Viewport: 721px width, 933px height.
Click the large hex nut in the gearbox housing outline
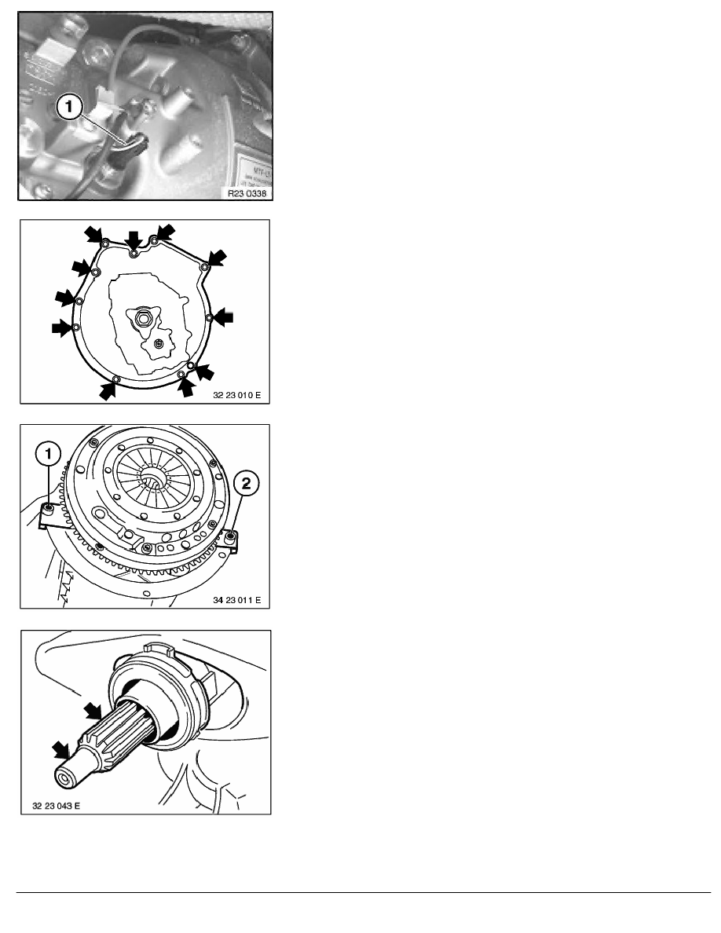[145, 318]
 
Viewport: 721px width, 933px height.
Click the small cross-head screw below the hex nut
[159, 342]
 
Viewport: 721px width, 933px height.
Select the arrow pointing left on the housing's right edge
[224, 316]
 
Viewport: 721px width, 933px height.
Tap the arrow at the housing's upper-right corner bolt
[216, 258]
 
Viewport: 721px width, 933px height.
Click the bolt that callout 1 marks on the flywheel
[49, 509]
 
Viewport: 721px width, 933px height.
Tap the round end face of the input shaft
[64, 779]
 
